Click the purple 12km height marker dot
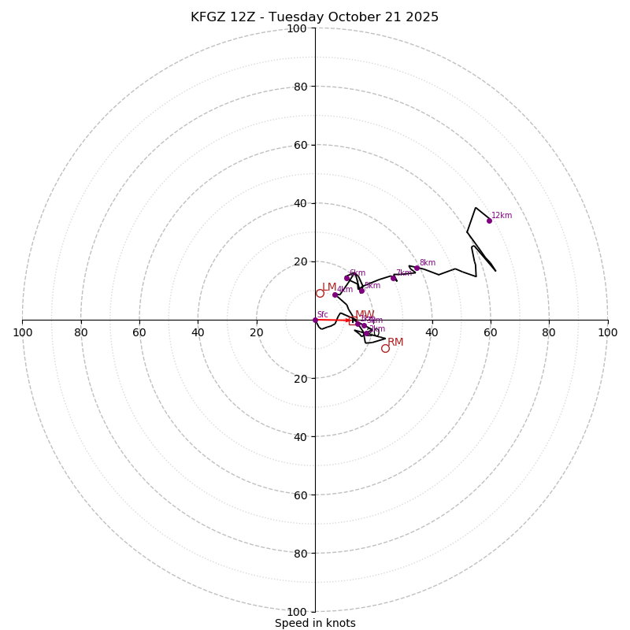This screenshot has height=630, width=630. click(x=489, y=220)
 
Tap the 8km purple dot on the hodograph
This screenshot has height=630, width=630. click(x=417, y=269)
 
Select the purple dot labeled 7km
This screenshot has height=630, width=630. click(x=393, y=278)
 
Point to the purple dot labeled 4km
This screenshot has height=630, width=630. click(x=335, y=295)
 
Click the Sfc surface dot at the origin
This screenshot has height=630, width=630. click(x=315, y=320)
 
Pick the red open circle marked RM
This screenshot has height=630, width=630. click(x=385, y=348)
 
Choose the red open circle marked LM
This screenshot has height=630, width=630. click(x=320, y=293)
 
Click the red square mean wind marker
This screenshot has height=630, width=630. click(x=353, y=321)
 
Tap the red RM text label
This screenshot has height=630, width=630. click(x=395, y=343)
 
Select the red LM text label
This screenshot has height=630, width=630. click(x=329, y=287)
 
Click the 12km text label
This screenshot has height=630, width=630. click(x=502, y=216)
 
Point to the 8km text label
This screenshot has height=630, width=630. click(x=428, y=263)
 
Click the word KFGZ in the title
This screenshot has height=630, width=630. click(x=208, y=17)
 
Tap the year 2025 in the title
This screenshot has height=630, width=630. click(x=423, y=17)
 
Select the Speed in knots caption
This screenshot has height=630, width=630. click(x=315, y=623)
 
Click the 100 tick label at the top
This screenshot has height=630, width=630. click(x=296, y=29)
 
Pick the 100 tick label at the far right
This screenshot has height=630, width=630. click(x=607, y=332)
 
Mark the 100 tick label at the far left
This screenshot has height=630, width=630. click(x=22, y=332)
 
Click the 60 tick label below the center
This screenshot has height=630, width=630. click(x=300, y=495)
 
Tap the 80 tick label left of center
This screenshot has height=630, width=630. click(x=81, y=332)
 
